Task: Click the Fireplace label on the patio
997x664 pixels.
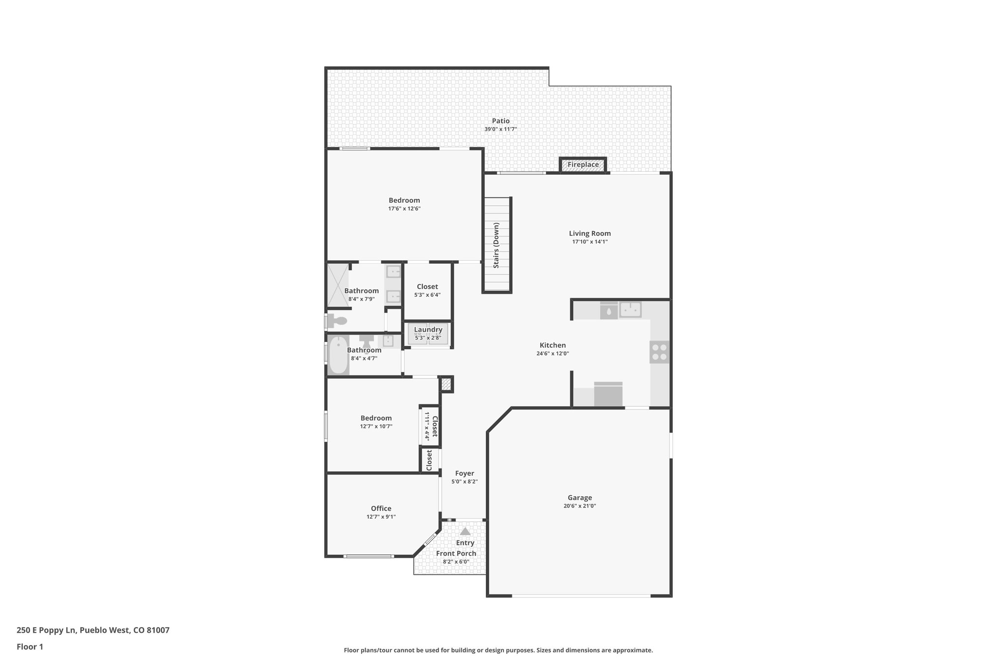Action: [583, 165]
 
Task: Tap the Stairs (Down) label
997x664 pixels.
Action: [496, 245]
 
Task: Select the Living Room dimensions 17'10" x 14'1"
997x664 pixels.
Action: [590, 242]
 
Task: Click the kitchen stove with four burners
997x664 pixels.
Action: [660, 352]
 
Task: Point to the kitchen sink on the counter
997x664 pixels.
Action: [630, 309]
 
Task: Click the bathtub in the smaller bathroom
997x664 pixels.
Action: [338, 355]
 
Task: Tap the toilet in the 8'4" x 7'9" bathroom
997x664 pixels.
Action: [337, 321]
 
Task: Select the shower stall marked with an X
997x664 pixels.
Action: [338, 286]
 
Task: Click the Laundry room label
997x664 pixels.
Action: [428, 330]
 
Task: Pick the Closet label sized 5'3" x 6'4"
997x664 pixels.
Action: [427, 287]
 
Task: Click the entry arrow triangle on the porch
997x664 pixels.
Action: [465, 532]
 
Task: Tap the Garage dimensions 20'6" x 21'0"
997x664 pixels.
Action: [579, 506]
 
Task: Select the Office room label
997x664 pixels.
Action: [381, 509]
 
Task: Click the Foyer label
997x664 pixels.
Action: [464, 473]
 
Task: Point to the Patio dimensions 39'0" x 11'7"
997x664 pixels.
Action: [500, 129]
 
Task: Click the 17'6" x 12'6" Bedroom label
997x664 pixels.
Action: [404, 200]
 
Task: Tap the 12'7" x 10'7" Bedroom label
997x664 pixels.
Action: [376, 418]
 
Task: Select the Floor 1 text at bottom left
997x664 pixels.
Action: [30, 647]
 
